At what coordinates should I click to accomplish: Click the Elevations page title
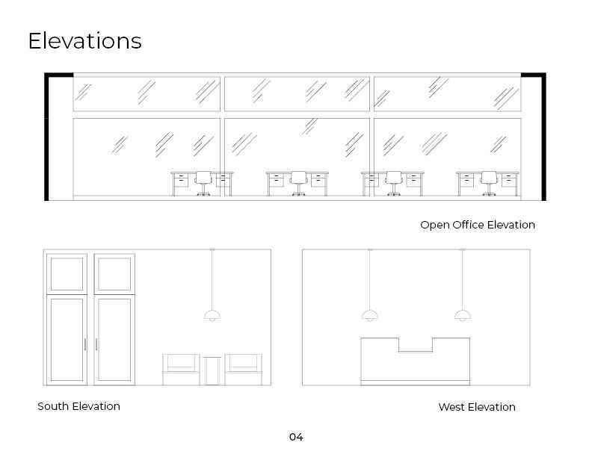point(85,41)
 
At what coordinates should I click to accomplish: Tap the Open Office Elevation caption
point(478,225)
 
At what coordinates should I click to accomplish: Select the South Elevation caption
point(79,406)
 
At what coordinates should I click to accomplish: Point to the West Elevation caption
point(477,407)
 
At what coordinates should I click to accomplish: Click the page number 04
point(296,437)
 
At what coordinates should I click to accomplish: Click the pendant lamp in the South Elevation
point(212,315)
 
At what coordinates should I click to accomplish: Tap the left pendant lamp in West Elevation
point(370,315)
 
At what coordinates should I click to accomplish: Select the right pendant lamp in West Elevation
point(463,315)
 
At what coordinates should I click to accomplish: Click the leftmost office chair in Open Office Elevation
point(203,183)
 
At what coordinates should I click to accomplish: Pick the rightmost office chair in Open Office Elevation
point(489,183)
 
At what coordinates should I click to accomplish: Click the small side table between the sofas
point(212,371)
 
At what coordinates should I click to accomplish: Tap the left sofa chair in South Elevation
point(181,370)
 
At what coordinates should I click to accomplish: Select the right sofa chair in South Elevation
point(244,370)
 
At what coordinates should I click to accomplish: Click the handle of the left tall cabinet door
point(85,344)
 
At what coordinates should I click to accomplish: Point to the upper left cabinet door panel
point(67,274)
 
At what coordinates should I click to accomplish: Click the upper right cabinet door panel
point(114,274)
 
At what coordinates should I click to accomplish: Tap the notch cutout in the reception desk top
point(416,345)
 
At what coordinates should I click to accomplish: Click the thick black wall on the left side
point(47,137)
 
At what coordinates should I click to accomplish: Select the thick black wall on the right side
point(543,137)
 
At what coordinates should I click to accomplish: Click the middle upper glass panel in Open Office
point(297,94)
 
